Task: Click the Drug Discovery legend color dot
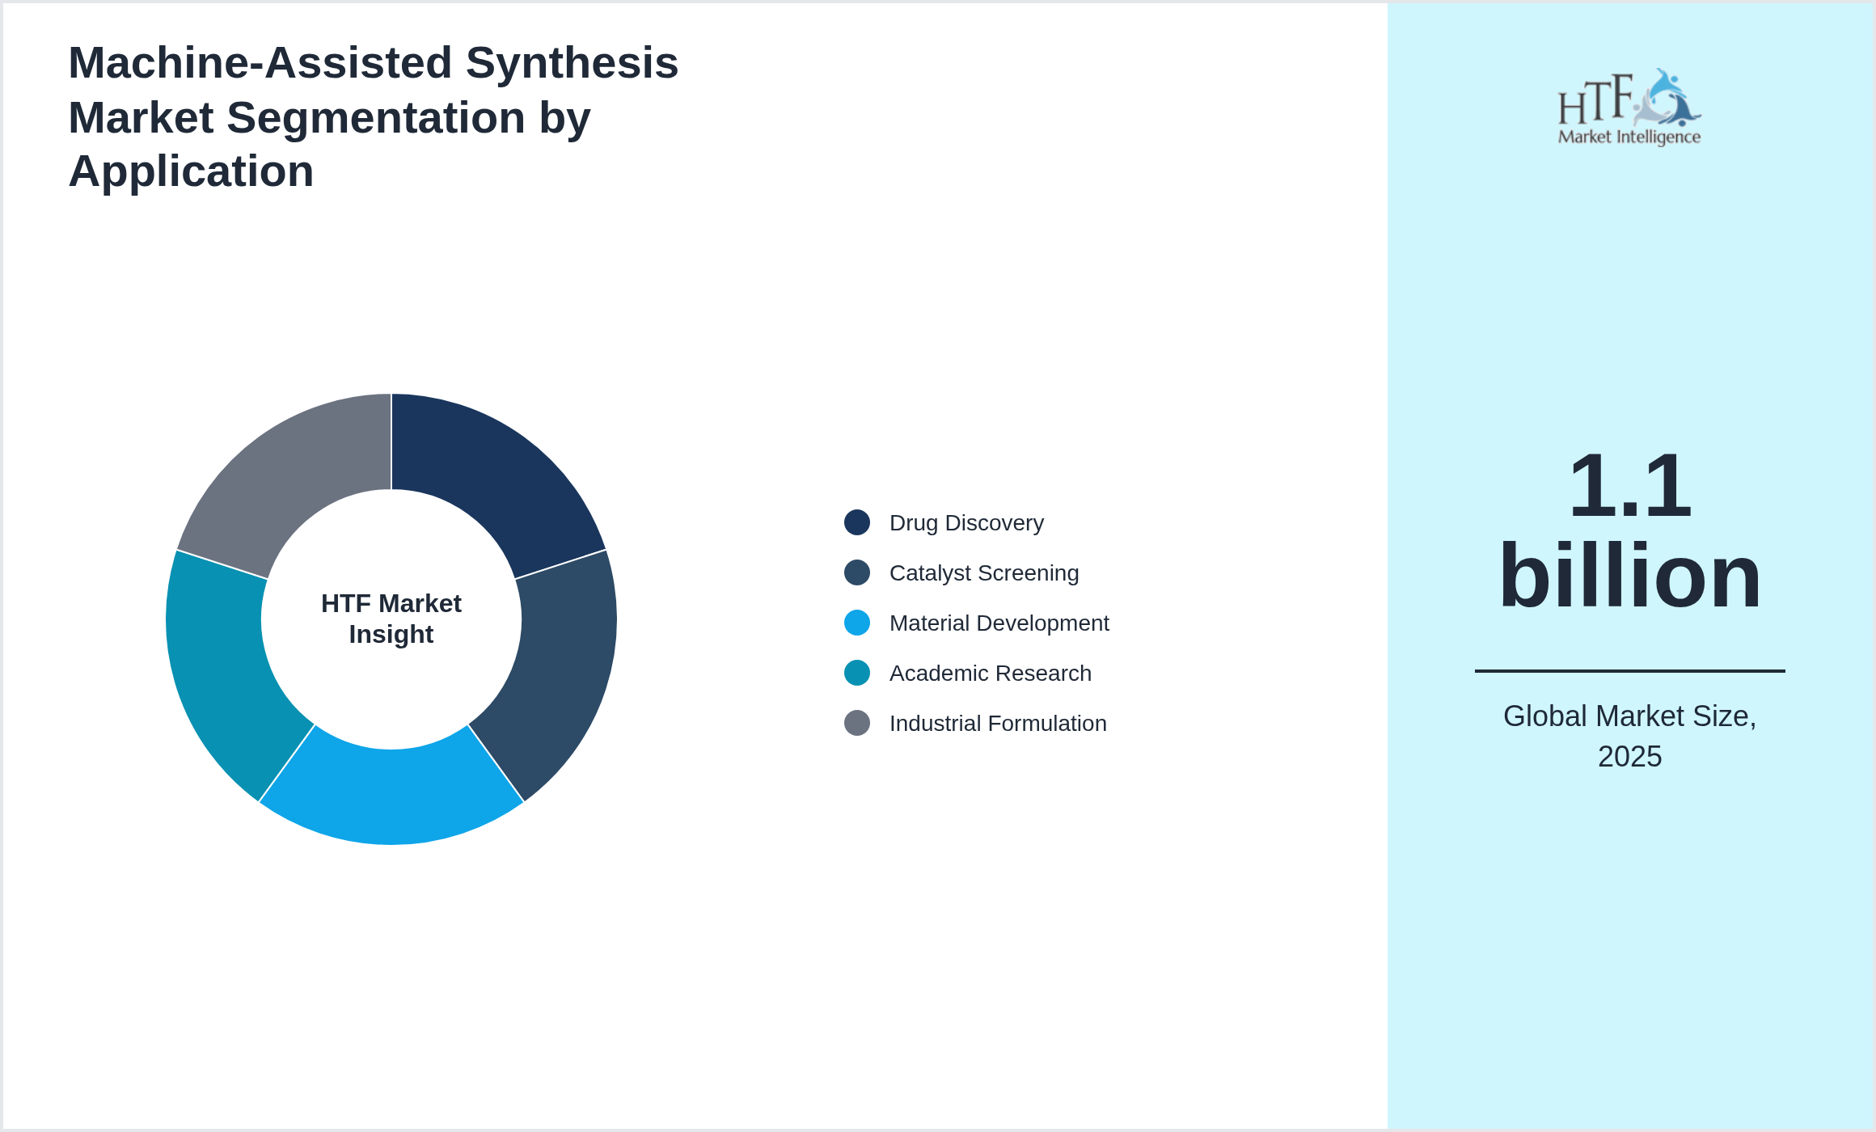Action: pyautogui.click(x=857, y=522)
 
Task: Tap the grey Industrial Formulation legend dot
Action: pyautogui.click(x=857, y=723)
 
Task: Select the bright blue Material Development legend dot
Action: pyautogui.click(x=857, y=623)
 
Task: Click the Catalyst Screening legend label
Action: pyautogui.click(x=983, y=573)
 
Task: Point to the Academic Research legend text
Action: pyautogui.click(x=990, y=674)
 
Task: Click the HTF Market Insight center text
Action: pyautogui.click(x=391, y=619)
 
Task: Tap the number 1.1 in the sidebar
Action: pyautogui.click(x=1629, y=487)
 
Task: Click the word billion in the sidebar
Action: pyautogui.click(x=1629, y=576)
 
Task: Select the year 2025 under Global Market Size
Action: pyautogui.click(x=1629, y=757)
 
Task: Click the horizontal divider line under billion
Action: pyautogui.click(x=1629, y=670)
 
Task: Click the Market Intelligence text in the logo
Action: pyautogui.click(x=1629, y=137)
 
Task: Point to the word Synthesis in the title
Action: pyautogui.click(x=572, y=63)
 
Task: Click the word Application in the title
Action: pyautogui.click(x=191, y=171)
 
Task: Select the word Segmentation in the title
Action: pyautogui.click(x=376, y=118)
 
